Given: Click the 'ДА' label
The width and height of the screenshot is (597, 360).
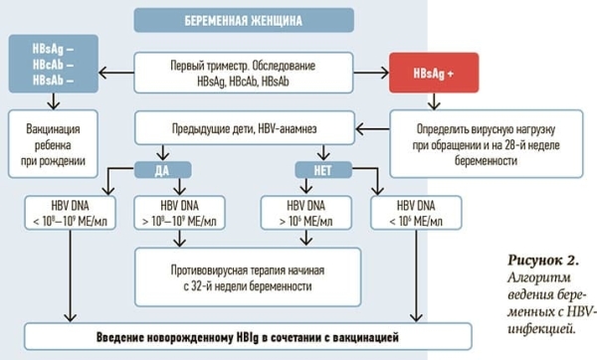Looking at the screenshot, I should click(x=161, y=170).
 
